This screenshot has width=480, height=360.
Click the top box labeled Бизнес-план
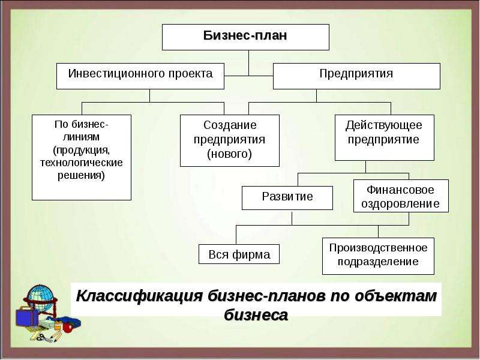pyautogui.click(x=245, y=37)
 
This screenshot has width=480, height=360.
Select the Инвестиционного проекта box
pyautogui.click(x=140, y=76)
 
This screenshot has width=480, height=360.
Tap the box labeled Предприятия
pyautogui.click(x=356, y=76)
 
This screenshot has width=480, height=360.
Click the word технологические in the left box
pyautogui.click(x=82, y=162)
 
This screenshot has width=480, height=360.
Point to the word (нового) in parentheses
pyautogui.click(x=230, y=154)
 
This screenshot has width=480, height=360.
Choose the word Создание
pyautogui.click(x=230, y=125)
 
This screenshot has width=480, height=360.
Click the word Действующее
pyautogui.click(x=384, y=125)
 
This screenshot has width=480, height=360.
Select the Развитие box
pyautogui.click(x=287, y=198)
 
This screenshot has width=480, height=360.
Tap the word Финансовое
pyautogui.click(x=400, y=190)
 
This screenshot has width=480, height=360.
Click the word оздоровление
pyautogui.click(x=400, y=203)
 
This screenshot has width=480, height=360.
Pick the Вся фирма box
pyautogui.click(x=239, y=254)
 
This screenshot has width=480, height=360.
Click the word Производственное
pyautogui.click(x=379, y=248)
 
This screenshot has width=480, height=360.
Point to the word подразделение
pyautogui.click(x=378, y=262)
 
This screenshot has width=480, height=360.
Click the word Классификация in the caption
pyautogui.click(x=139, y=296)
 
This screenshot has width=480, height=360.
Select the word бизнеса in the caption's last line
pyautogui.click(x=256, y=314)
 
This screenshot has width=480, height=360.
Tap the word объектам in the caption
pyautogui.click(x=395, y=296)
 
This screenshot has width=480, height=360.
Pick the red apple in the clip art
pyautogui.click(x=67, y=328)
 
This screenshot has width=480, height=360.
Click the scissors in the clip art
pyautogui.click(x=43, y=338)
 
